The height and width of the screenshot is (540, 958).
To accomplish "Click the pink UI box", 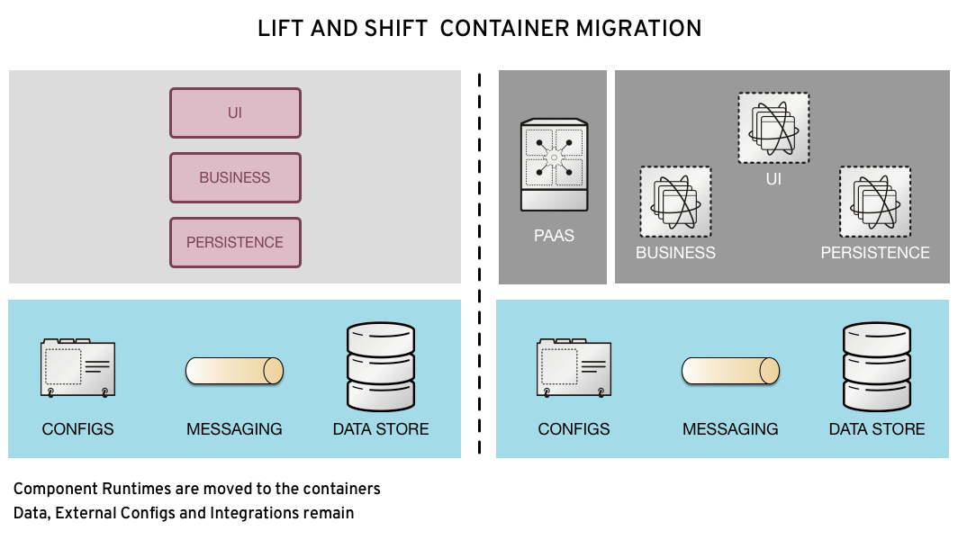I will click(235, 112).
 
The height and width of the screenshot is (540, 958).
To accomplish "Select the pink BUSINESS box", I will click(235, 177).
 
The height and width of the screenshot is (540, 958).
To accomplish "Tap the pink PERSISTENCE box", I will click(235, 242).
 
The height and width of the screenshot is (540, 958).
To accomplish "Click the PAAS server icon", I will click(554, 166).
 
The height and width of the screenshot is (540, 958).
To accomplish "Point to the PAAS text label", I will click(554, 236).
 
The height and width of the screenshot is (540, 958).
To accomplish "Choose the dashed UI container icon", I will click(773, 128).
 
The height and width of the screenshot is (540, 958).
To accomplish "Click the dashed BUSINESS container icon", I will click(675, 202).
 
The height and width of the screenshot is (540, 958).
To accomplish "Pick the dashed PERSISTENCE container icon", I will click(875, 202).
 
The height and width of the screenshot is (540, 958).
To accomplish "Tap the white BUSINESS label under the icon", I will click(675, 253).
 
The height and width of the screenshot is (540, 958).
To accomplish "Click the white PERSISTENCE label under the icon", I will click(875, 253).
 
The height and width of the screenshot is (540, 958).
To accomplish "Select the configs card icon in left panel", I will click(77, 367).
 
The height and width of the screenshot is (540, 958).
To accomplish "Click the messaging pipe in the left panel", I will click(234, 371).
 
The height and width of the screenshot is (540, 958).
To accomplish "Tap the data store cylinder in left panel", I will click(381, 366).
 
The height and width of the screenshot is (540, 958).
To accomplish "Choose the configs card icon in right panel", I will click(574, 367).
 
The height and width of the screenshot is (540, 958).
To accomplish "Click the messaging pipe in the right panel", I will click(730, 371).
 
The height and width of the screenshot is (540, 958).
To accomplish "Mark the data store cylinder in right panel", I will click(877, 366).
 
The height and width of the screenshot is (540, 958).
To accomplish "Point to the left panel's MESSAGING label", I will click(234, 429).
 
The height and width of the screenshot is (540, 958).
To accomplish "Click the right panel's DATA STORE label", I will click(877, 429).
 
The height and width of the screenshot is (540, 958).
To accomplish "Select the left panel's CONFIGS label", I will click(77, 429).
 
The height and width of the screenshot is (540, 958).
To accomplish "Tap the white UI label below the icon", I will click(773, 179).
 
